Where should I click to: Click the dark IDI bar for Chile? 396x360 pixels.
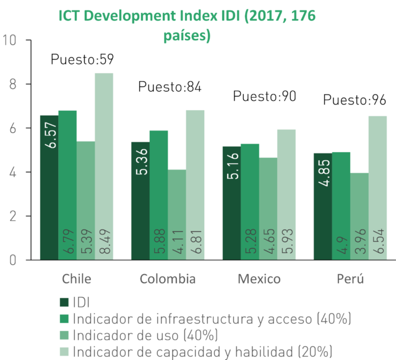tap(49, 187)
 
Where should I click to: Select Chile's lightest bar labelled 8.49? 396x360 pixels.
tap(104, 166)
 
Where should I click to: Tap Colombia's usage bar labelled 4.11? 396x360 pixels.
tap(177, 215)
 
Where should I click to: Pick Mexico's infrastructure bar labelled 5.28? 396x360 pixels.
tap(250, 202)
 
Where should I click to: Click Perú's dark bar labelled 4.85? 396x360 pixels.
tap(323, 207)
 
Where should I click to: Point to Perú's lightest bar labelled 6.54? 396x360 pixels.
tap(377, 188)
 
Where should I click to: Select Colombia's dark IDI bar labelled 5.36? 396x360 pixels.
tap(140, 201)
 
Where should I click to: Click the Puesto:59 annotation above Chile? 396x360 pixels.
tap(82, 59)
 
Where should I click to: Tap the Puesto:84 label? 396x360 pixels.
tap(170, 87)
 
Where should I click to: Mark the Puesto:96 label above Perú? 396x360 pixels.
tap(355, 100)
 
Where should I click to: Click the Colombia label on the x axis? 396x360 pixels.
tap(168, 279)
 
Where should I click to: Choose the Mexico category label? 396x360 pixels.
tap(259, 279)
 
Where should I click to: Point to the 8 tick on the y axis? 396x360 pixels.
tap(13, 84)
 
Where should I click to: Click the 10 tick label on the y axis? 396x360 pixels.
tap(9, 40)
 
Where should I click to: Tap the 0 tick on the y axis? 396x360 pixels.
tap(13, 260)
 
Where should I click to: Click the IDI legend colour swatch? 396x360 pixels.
tap(64, 302)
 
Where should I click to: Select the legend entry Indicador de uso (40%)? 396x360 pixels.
tap(139, 335)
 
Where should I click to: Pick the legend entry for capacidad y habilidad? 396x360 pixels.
tap(196, 352)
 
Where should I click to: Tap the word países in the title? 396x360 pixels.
tap(187, 36)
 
